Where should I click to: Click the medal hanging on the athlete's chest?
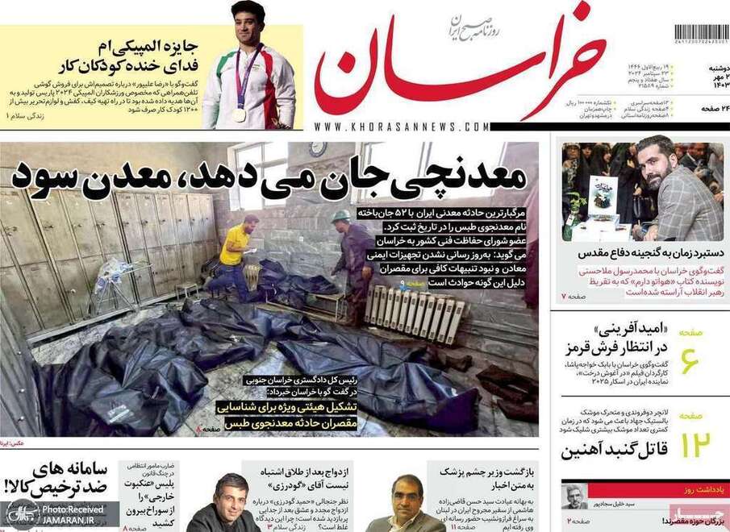coord(240,114)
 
